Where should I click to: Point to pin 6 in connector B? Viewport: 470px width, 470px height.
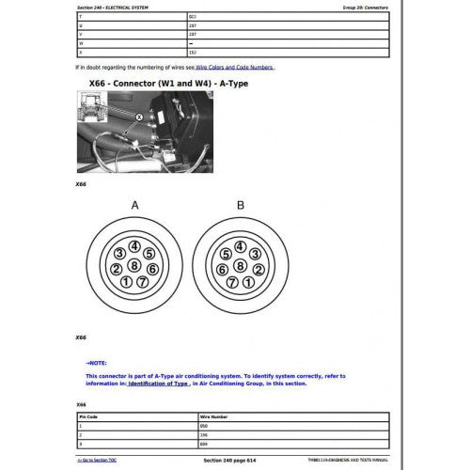tap(222, 268)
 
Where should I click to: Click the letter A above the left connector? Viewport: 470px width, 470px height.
tap(136, 205)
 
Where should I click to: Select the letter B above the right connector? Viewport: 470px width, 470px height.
tap(241, 205)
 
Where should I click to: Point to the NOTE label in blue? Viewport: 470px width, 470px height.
tap(97, 360)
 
